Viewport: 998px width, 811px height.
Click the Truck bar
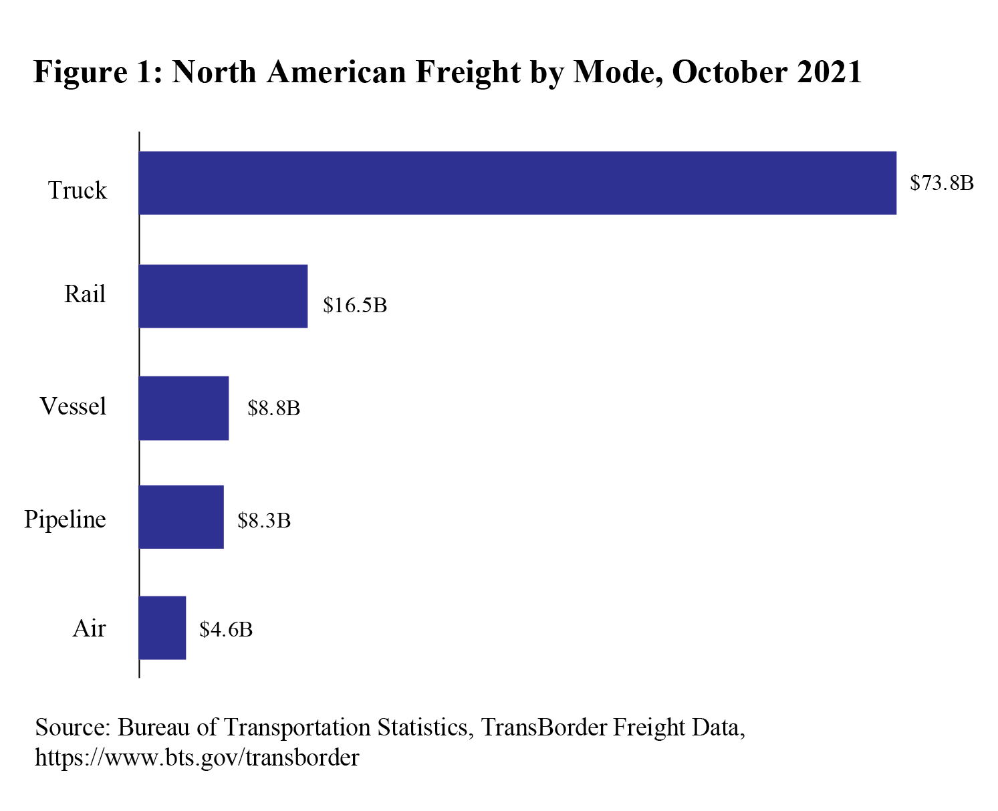517,183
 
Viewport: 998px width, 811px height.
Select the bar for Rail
223,296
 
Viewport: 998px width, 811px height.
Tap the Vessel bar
184,408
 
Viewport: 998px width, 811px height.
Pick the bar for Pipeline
181,517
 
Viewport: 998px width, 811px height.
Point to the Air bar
162,628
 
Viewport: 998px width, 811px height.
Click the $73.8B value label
941,183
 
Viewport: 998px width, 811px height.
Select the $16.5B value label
355,306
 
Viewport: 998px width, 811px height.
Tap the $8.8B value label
273,409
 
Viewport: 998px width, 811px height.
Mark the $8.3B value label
264,520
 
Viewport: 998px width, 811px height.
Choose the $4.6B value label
226,629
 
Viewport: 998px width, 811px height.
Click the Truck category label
77,191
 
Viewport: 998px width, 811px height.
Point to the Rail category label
85,294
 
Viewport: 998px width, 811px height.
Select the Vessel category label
73,407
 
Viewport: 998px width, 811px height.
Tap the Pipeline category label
65,519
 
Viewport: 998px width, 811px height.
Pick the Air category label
89,628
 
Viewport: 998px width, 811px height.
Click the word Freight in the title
467,73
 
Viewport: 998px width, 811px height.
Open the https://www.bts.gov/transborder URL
197,758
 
